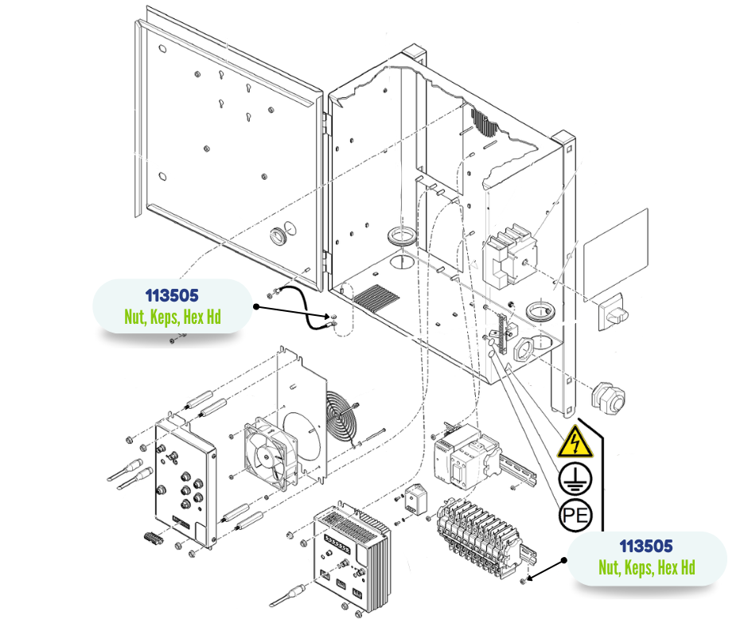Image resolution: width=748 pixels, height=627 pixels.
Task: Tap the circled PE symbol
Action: click(575, 515)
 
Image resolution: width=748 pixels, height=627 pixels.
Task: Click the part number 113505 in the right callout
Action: click(646, 546)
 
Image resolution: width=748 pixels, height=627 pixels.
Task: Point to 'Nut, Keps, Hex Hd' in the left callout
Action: click(172, 317)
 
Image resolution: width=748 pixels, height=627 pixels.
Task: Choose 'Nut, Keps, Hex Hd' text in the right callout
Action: click(646, 567)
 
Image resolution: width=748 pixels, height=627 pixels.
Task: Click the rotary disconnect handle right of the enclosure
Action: click(614, 306)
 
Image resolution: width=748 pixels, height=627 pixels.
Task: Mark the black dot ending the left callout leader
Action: click(257, 306)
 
